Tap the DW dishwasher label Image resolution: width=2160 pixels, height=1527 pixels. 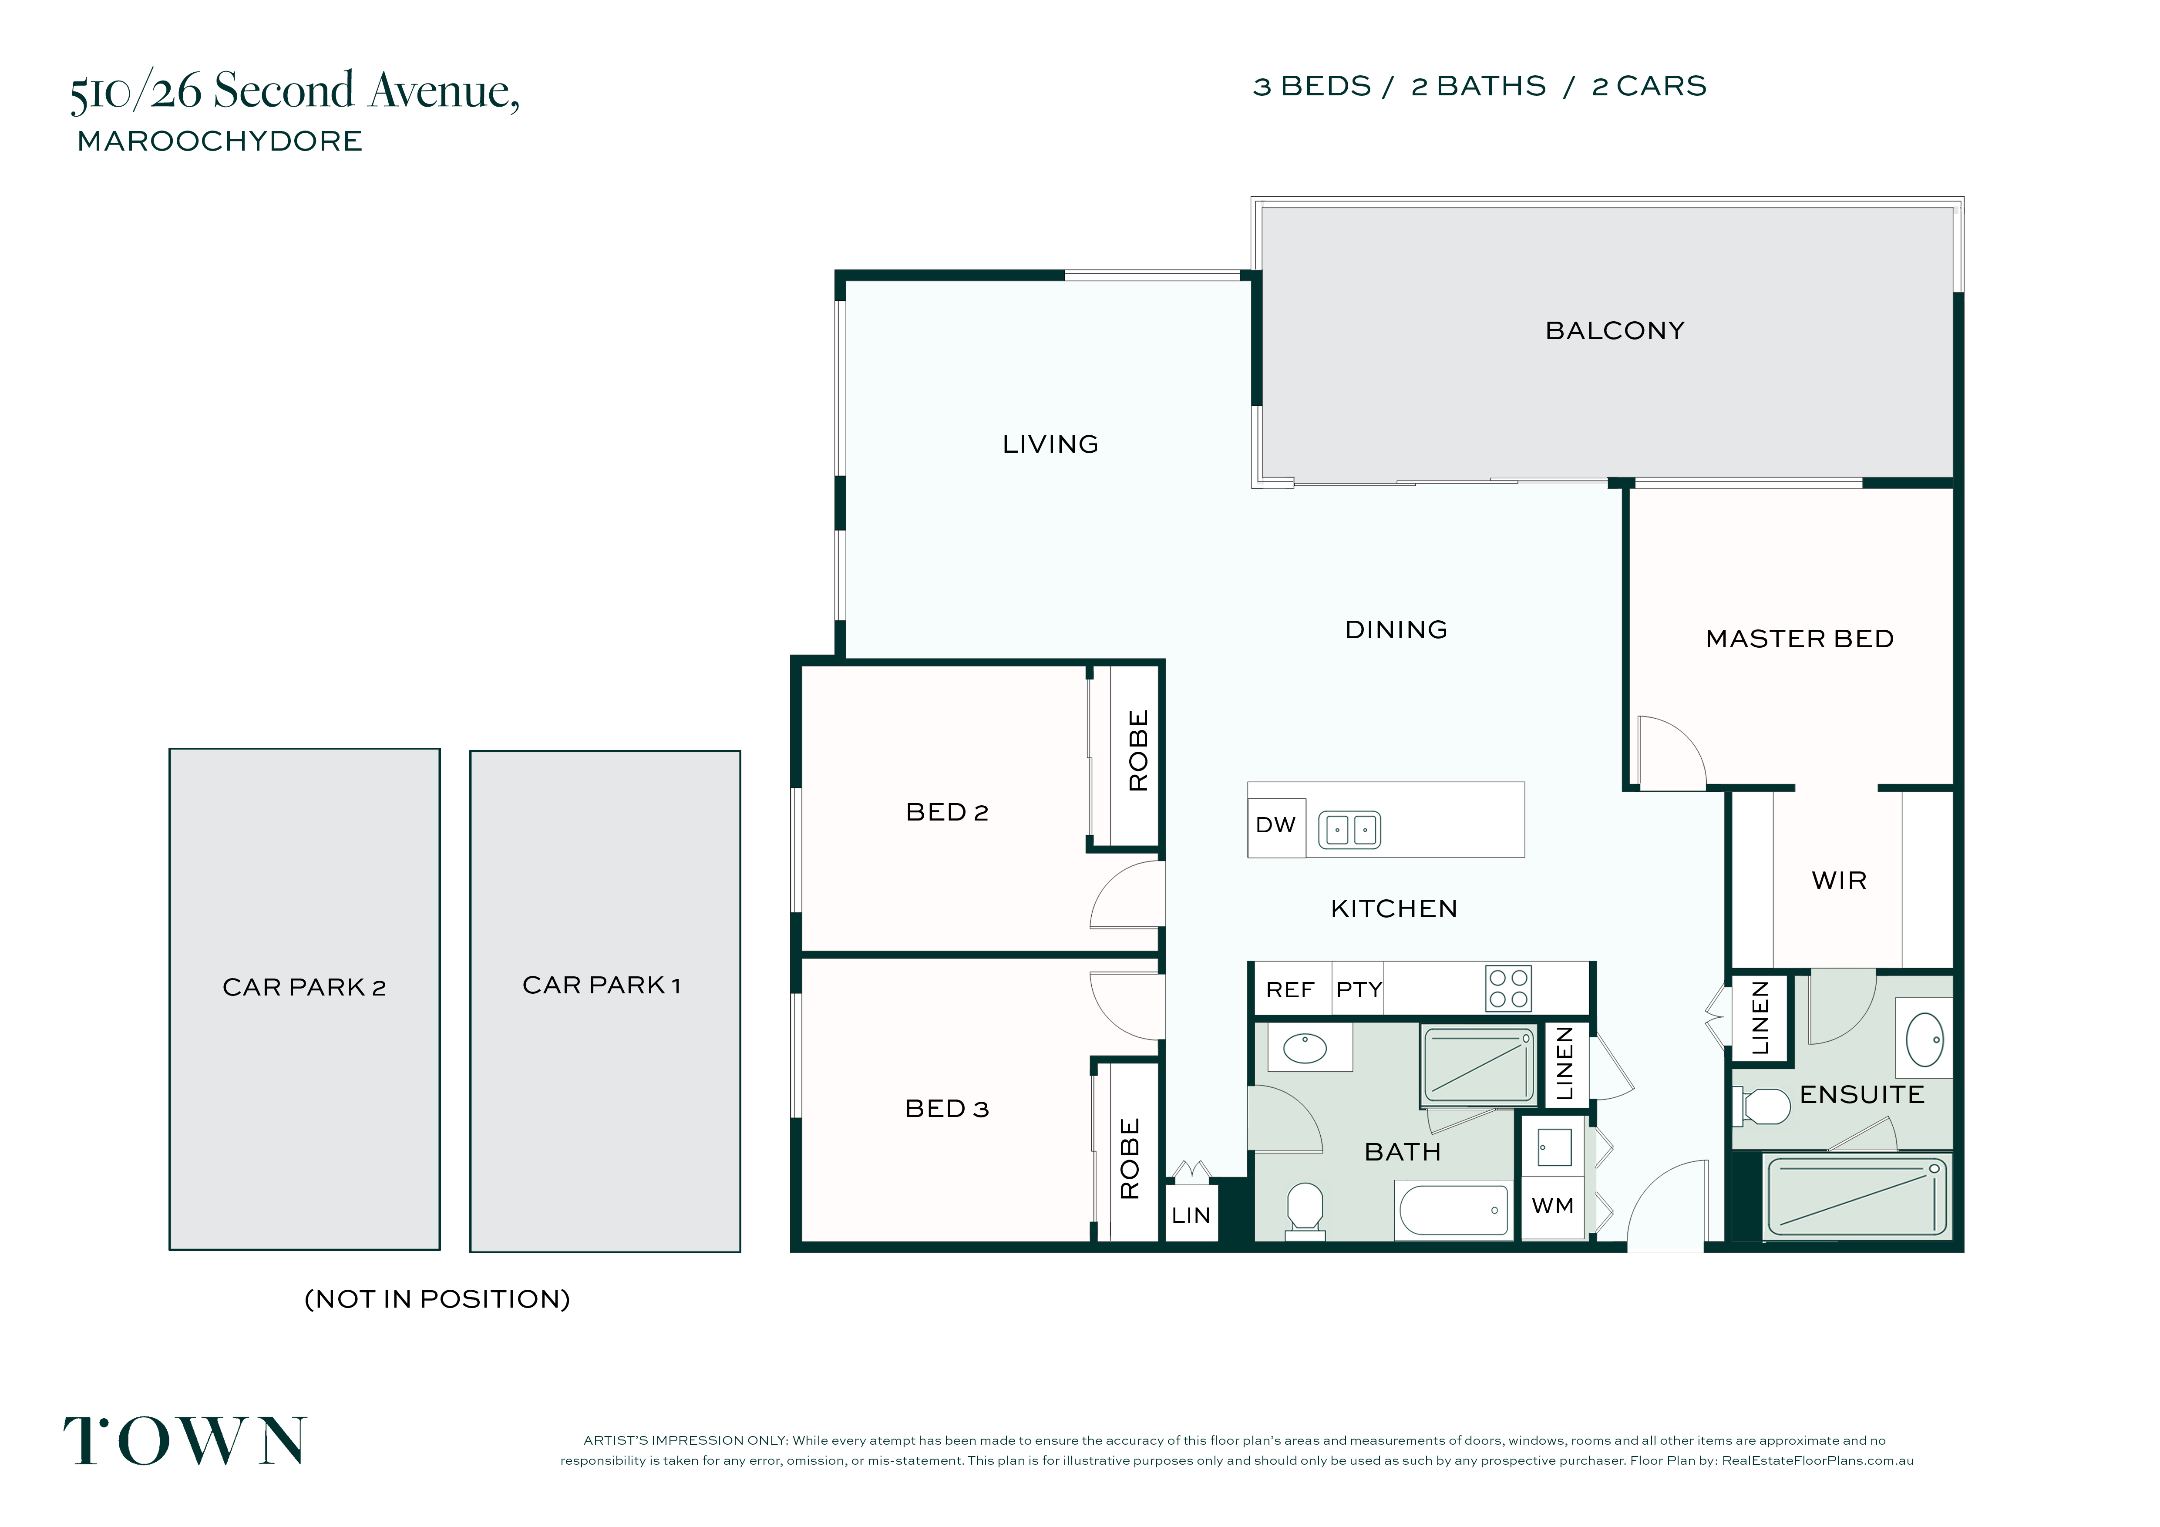click(x=1276, y=825)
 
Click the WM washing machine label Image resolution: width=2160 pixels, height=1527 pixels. click(x=1552, y=1206)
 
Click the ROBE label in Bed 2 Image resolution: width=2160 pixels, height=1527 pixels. click(x=1138, y=751)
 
